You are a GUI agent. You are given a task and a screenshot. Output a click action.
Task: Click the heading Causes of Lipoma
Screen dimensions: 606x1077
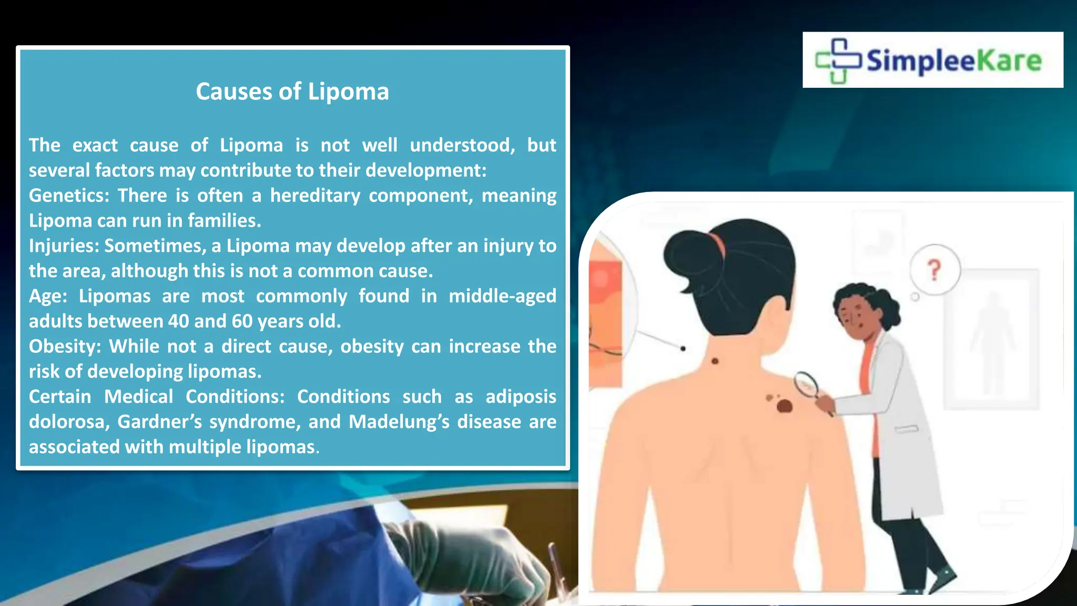coord(292,92)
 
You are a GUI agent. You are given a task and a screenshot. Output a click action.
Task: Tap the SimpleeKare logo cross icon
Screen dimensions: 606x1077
coord(838,60)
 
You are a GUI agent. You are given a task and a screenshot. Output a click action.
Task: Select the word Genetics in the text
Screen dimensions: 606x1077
coord(66,196)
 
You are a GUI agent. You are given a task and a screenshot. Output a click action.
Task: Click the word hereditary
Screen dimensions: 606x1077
coord(315,196)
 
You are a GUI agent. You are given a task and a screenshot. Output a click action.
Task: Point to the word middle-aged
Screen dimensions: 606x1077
coord(502,296)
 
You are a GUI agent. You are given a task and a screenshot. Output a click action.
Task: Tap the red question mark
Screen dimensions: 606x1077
coord(934,270)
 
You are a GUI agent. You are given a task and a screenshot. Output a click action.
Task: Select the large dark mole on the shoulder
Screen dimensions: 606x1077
coord(784,406)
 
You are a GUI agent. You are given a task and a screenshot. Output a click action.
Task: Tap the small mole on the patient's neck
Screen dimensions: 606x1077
coord(715,361)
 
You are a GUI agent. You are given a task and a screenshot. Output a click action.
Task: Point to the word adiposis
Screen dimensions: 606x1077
coord(521,397)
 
